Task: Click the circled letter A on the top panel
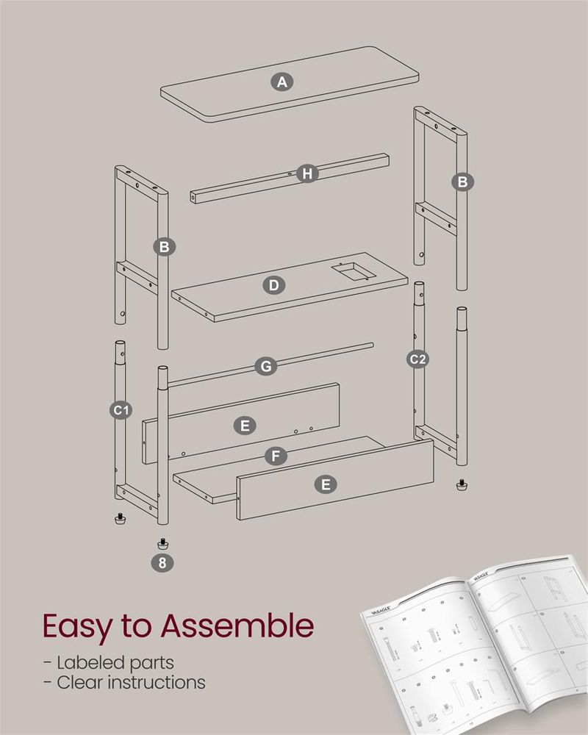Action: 282,82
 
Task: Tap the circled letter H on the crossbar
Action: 308,173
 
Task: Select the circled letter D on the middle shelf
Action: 273,284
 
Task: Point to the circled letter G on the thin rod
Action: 266,365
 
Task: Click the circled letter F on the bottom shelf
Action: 276,456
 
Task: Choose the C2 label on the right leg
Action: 418,359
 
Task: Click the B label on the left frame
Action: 164,246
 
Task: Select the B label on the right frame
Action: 462,182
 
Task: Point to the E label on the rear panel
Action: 245,425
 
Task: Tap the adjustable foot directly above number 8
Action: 162,544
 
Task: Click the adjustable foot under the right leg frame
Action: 462,486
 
